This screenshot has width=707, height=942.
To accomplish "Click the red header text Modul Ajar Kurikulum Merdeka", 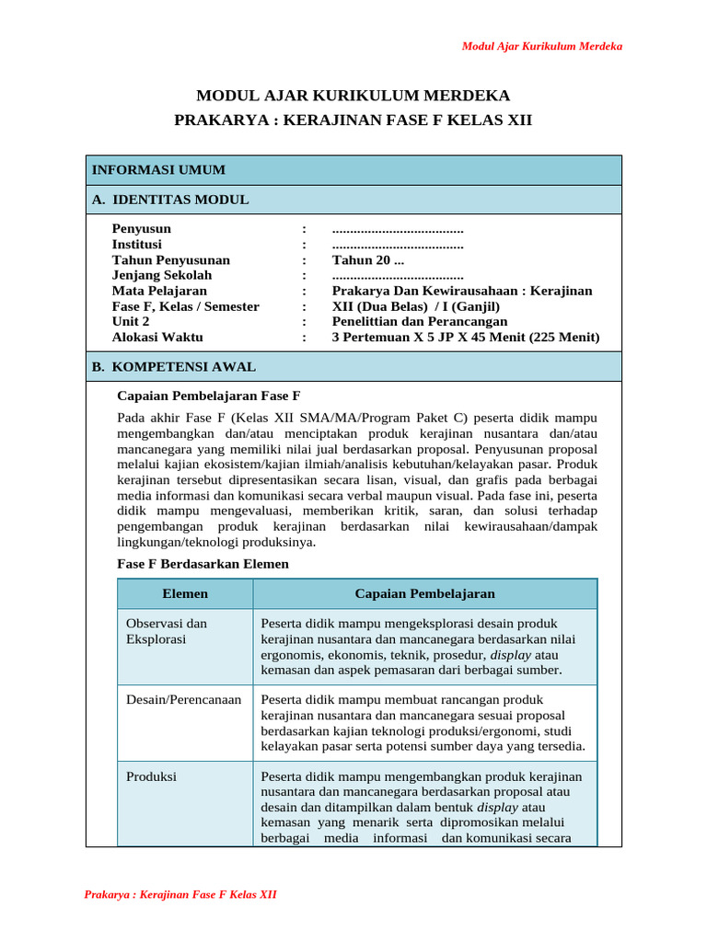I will tap(541, 46).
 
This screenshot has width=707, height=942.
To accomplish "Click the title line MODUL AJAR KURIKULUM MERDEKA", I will tap(353, 96).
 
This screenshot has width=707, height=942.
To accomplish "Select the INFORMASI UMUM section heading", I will tap(158, 170).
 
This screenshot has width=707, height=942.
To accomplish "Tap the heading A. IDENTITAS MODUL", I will tap(170, 200).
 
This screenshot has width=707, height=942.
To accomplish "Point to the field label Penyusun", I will tap(141, 229).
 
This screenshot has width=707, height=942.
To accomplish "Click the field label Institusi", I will tap(137, 245).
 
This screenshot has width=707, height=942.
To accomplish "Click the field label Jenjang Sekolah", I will tap(162, 275).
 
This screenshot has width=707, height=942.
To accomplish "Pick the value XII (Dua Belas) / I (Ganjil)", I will tap(415, 306).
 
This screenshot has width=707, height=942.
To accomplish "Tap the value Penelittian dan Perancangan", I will tap(419, 322).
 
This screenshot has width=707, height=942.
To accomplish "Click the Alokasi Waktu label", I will tap(157, 338).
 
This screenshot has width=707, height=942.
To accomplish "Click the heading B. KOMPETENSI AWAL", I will tap(174, 367).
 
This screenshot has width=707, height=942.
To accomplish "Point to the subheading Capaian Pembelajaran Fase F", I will tap(209, 396).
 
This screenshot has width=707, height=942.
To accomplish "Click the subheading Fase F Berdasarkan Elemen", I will tap(203, 564).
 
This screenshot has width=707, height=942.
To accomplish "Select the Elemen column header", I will tap(185, 594).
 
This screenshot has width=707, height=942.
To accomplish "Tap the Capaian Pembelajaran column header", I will tap(424, 594).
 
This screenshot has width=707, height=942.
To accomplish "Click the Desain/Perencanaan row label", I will tap(183, 699).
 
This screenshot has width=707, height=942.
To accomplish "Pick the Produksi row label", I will tap(151, 776).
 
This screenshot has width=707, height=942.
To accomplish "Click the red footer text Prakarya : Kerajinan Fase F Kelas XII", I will tap(180, 894).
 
